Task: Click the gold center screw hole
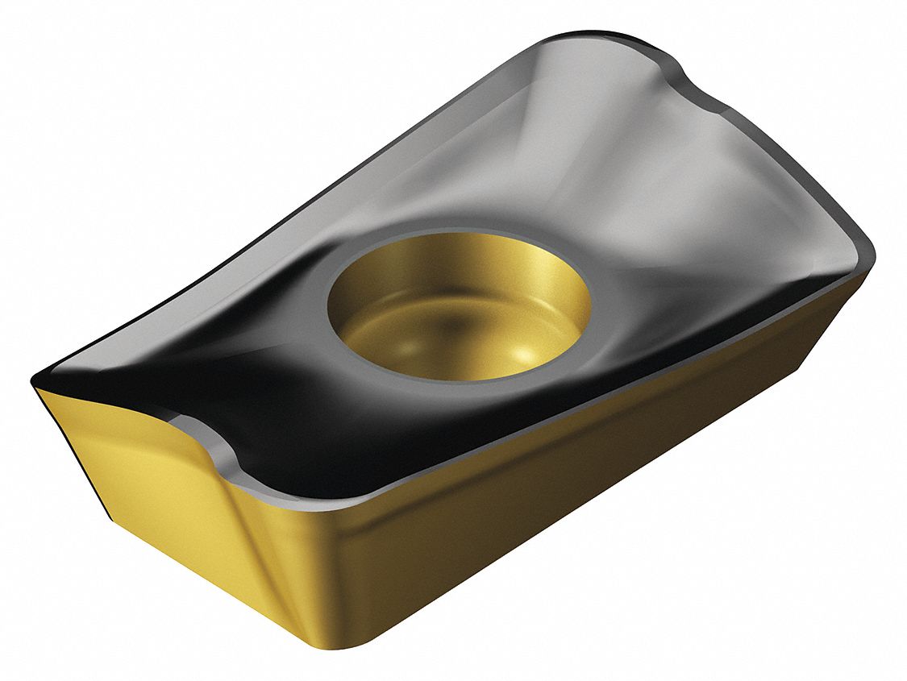click(458, 306)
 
